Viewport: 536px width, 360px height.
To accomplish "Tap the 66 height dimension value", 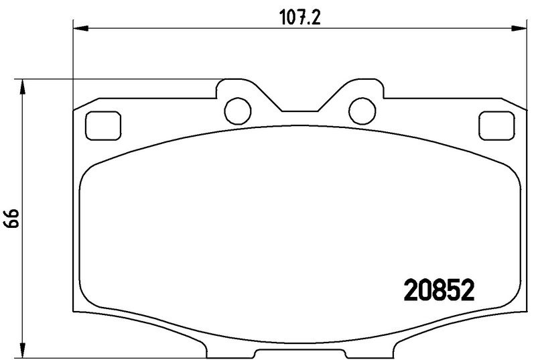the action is (x=11, y=218).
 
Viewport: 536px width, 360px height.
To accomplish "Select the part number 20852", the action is (x=439, y=290).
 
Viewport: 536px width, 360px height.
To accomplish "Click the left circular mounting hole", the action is (x=238, y=111).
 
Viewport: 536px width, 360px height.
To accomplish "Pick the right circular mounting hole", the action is (x=362, y=111).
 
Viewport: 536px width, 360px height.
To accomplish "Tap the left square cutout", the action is (x=103, y=126).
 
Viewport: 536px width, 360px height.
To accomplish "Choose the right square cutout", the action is (x=496, y=126).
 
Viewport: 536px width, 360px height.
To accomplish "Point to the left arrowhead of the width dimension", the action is (x=81, y=28).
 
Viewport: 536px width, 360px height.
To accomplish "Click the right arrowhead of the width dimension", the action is (x=519, y=28).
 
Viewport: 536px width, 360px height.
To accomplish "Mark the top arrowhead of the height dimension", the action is (x=23, y=86).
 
